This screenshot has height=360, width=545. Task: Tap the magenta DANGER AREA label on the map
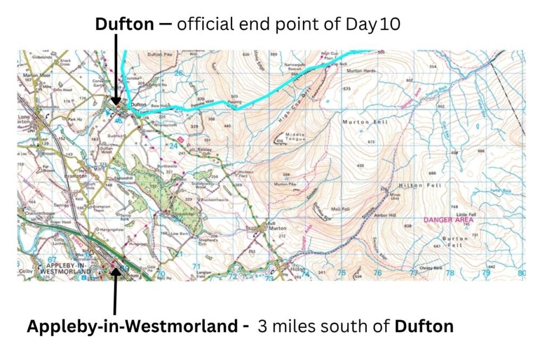pos(448,219)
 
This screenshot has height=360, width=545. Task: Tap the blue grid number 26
pos(178,73)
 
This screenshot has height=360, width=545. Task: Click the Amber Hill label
pos(386,214)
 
